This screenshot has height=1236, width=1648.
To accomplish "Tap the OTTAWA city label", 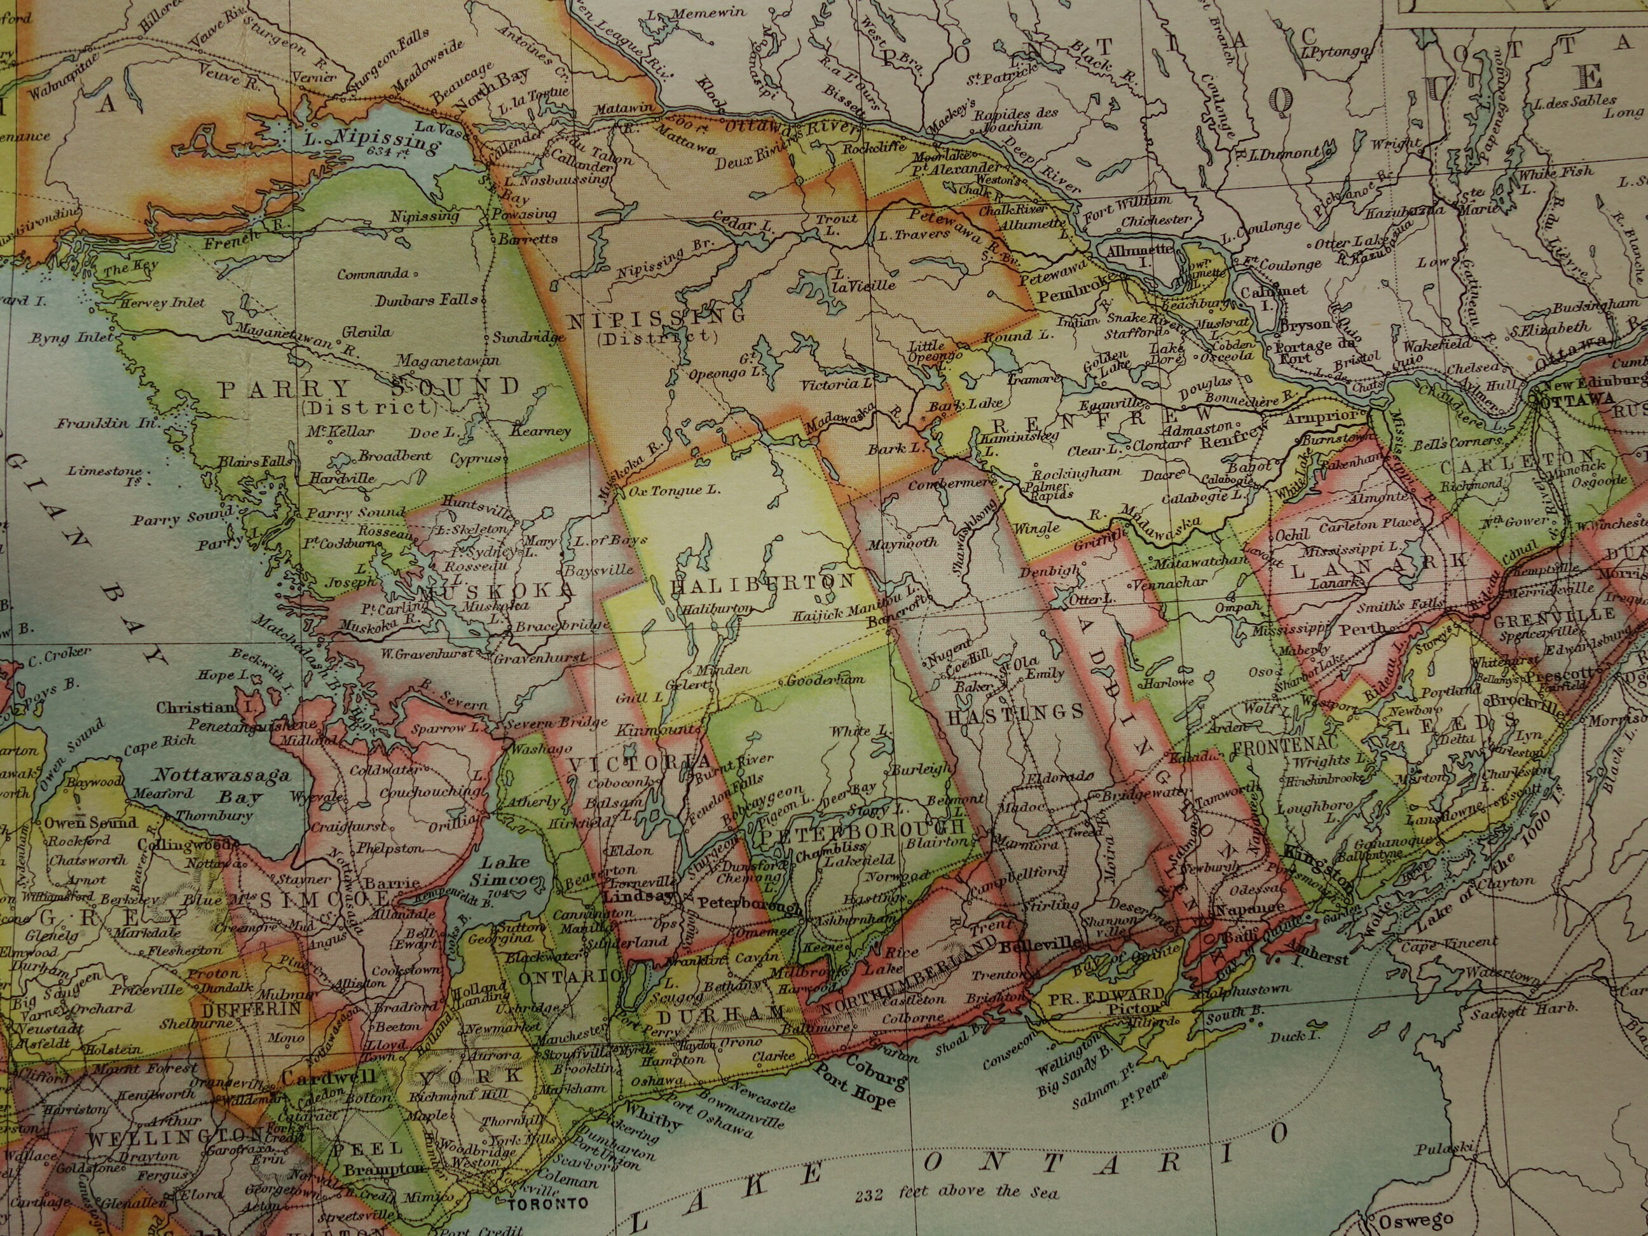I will tap(1567, 400).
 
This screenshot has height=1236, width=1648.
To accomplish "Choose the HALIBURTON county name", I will tap(762, 584).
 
